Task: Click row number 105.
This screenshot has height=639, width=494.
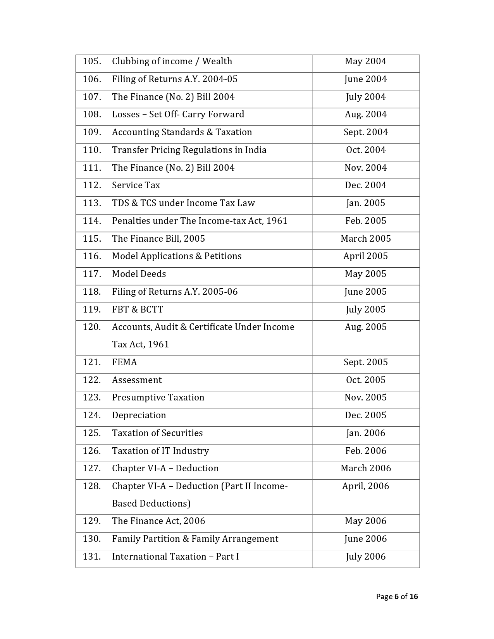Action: (92, 62)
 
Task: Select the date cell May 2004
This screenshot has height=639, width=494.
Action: (365, 62)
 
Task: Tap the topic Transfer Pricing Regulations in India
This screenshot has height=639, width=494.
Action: (189, 150)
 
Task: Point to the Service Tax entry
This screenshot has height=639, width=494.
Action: (136, 186)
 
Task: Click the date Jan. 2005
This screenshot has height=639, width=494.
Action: (365, 203)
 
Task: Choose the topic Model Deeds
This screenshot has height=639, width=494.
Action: (139, 274)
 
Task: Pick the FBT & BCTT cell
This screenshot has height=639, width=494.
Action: (138, 310)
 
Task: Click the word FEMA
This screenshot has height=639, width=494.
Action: (124, 362)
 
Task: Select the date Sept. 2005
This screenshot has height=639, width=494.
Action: (365, 362)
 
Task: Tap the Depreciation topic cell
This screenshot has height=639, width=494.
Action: (139, 416)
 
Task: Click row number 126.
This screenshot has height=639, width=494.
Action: (92, 451)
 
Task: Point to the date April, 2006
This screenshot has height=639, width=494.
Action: (365, 486)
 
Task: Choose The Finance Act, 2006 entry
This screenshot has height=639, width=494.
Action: (158, 521)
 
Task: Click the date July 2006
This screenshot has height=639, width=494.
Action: (365, 557)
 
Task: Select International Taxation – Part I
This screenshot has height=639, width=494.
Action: (175, 557)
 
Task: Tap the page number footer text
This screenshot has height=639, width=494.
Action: (397, 597)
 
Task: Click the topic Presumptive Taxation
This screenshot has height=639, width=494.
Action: (158, 398)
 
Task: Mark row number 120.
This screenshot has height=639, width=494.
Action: (92, 327)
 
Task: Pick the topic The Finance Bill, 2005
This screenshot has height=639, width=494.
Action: (158, 239)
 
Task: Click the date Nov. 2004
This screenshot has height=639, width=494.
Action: (365, 168)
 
